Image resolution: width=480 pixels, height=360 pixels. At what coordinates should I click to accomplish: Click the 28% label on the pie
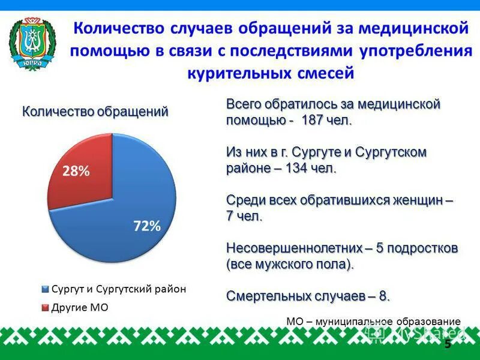coord(76,171)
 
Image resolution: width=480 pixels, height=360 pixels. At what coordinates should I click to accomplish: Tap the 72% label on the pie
coord(146,226)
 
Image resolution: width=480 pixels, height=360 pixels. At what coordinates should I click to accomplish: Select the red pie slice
coord(84,174)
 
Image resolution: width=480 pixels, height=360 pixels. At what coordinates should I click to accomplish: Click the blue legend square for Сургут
coord(45,289)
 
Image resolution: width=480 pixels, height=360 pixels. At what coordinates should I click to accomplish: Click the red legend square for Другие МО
coord(45,308)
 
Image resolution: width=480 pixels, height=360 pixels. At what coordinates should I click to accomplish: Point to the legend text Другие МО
coord(75,308)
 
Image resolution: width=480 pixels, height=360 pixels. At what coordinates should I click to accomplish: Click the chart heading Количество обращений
coord(95,112)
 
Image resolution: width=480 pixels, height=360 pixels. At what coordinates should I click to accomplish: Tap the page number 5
coord(447,344)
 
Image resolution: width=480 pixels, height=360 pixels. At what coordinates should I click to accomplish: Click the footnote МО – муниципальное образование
coord(373,322)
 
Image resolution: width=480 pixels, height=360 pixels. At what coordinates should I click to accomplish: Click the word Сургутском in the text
coord(391,152)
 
